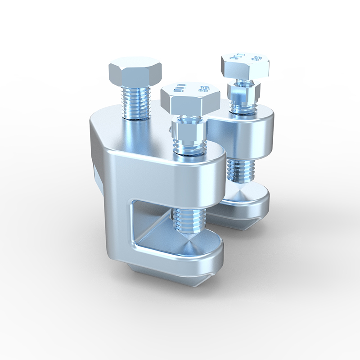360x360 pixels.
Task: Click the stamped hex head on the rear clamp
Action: (245, 65)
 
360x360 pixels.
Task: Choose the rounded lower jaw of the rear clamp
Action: (252, 202)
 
